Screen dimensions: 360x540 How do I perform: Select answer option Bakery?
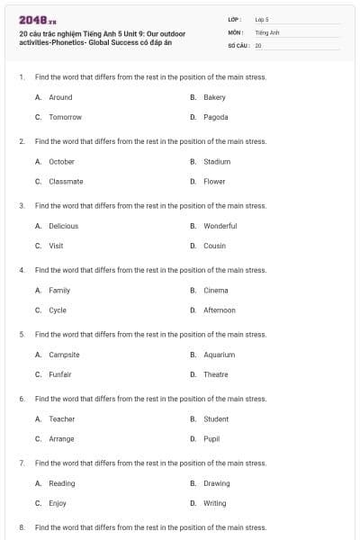pos(214,97)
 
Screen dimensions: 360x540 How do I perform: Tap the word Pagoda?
pos(215,117)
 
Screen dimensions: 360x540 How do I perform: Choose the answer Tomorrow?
pos(65,117)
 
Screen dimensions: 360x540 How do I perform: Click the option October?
pos(61,161)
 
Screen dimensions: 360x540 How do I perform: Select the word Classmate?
pos(66,181)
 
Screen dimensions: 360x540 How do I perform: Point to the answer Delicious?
pos(63,226)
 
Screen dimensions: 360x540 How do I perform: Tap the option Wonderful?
pos(220,226)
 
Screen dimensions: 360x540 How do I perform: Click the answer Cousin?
pos(214,246)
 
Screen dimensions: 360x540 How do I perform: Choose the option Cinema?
pos(215,290)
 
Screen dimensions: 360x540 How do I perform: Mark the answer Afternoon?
pos(219,310)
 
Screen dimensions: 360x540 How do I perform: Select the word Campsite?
pos(64,355)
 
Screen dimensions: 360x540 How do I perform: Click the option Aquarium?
pos(219,355)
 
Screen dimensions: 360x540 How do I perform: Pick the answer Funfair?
pos(60,374)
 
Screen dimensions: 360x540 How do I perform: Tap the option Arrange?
pos(61,438)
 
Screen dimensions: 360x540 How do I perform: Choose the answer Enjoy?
pos(58,503)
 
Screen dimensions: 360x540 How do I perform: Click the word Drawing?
pos(216,483)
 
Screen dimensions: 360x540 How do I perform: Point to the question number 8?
pos(21,527)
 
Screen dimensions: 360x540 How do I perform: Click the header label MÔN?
pos(237,31)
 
